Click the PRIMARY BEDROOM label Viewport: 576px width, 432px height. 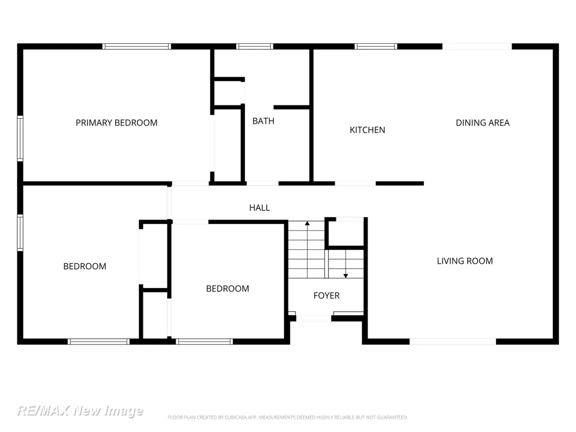116,123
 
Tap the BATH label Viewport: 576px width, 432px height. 263,121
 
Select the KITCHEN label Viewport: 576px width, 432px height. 367,130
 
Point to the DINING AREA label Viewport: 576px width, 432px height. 483,123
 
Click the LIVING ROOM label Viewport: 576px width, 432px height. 465,261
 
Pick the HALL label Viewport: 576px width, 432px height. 260,207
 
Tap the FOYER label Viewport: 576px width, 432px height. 327,295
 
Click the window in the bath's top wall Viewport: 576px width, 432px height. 255,46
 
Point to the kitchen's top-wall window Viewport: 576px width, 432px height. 376,46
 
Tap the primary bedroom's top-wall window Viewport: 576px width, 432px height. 137,46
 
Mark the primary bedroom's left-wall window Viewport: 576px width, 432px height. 20,138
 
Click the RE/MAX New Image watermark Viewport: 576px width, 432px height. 80,410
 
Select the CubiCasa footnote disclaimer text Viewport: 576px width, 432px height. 287,417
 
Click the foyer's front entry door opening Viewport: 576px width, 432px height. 314,318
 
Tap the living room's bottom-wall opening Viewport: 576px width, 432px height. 453,342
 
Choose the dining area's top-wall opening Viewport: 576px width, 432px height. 477,46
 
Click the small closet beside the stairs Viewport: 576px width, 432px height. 345,233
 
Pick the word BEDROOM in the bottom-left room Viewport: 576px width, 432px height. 85,266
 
